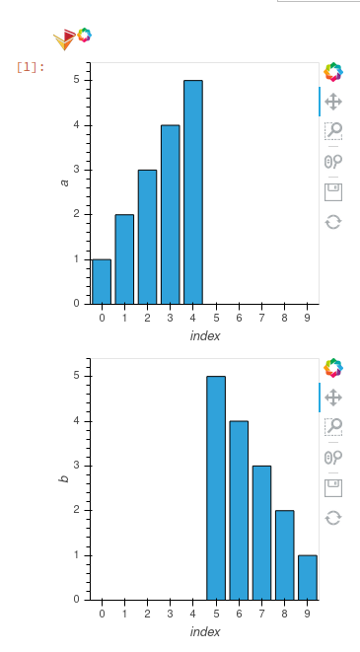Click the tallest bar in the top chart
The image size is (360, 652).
pyautogui.click(x=193, y=192)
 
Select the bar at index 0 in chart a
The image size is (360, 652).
pyautogui.click(x=102, y=281)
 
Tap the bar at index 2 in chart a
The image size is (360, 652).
pyautogui.click(x=147, y=237)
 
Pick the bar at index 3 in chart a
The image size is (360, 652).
pyautogui.click(x=171, y=214)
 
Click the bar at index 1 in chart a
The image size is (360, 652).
pyautogui.click(x=124, y=258)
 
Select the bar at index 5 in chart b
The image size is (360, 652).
pyautogui.click(x=216, y=488)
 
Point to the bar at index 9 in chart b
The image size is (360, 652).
pyautogui.click(x=307, y=577)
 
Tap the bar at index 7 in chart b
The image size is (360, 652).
pyautogui.click(x=261, y=533)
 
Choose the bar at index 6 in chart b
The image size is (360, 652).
pyautogui.click(x=239, y=510)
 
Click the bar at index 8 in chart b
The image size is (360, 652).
pyautogui.click(x=284, y=554)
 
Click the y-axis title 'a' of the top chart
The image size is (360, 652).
pyautogui.click(x=64, y=182)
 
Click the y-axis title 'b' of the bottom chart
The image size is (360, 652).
pyautogui.click(x=64, y=478)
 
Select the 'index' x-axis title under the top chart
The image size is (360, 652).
pyautogui.click(x=204, y=336)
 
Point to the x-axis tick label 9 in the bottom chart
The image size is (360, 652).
pyautogui.click(x=307, y=614)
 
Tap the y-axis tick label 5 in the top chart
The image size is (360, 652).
pyautogui.click(x=76, y=81)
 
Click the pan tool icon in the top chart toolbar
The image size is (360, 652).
pyautogui.click(x=333, y=101)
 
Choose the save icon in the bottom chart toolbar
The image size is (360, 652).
pyautogui.click(x=333, y=487)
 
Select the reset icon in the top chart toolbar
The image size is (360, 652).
pyautogui.click(x=333, y=222)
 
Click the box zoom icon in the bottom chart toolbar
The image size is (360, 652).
pyautogui.click(x=333, y=426)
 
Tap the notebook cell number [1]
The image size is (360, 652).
pyautogui.click(x=31, y=67)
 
